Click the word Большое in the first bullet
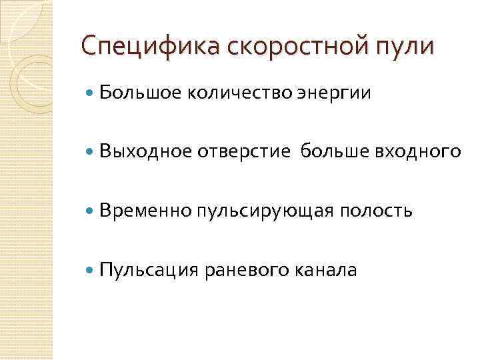point(139,94)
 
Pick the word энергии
point(331,95)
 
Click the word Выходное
point(145,153)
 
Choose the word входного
point(419,153)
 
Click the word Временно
point(145,211)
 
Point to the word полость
point(377,211)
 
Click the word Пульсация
point(148,270)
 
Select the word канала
point(326,270)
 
